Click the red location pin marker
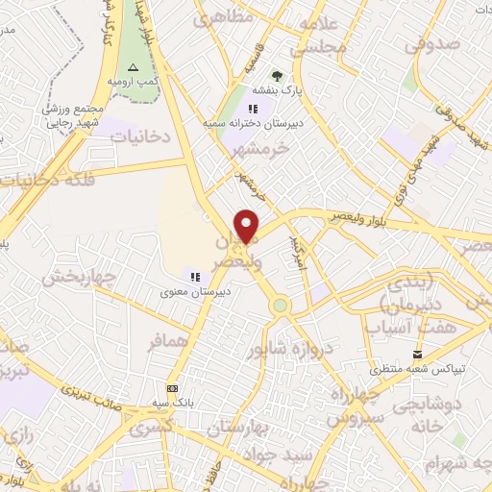pyautogui.click(x=247, y=225)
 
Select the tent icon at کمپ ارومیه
pyautogui.click(x=134, y=66)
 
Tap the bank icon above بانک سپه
pyautogui.click(x=172, y=388)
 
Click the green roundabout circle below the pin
pyautogui.click(x=280, y=306)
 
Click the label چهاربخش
pyautogui.click(x=78, y=279)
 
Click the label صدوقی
pyautogui.click(x=427, y=43)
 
